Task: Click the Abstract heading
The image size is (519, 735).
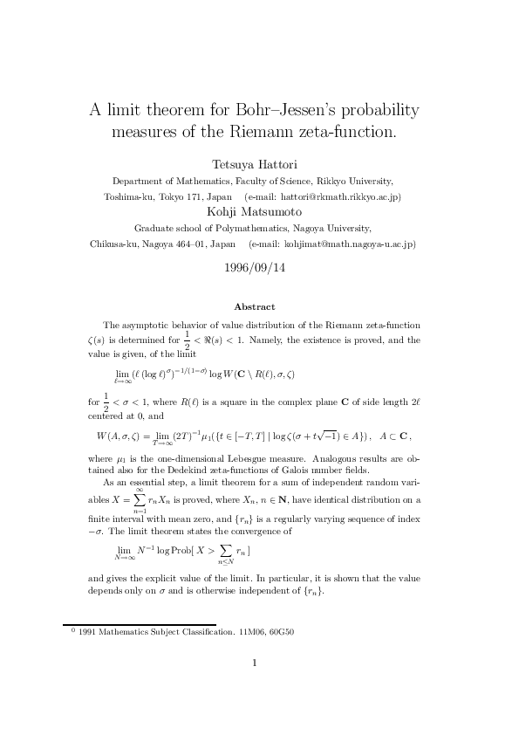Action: (x=255, y=306)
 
